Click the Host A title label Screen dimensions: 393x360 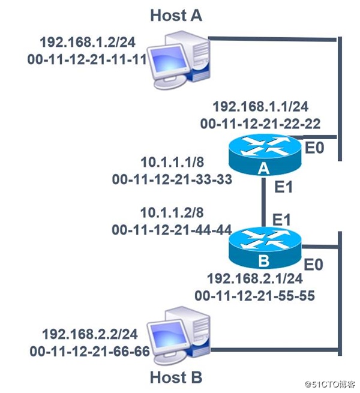click(x=176, y=14)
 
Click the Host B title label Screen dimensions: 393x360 click(x=176, y=378)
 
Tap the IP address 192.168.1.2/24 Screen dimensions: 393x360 click(x=87, y=43)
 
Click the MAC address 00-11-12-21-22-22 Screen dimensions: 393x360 click(x=260, y=124)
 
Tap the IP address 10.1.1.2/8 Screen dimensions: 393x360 click(x=170, y=214)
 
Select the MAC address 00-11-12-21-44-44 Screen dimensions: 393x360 click(x=170, y=229)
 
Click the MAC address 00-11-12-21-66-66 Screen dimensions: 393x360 click(x=87, y=350)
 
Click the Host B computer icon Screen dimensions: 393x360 click(x=178, y=336)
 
